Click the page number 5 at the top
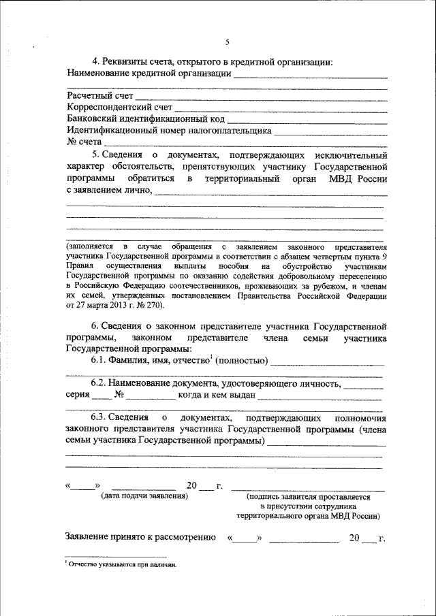coord(227,42)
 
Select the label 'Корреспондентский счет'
coord(120,108)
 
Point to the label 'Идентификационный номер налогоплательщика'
coord(170,131)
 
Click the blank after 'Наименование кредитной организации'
coord(310,75)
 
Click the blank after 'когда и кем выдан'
coord(320,396)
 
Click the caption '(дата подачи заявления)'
coord(144,498)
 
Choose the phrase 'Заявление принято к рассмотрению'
coord(141,538)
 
